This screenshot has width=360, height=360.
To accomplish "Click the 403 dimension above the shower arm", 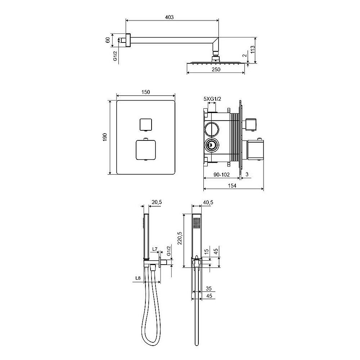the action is [170, 17].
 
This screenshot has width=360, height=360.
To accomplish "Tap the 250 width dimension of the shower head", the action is [216, 69].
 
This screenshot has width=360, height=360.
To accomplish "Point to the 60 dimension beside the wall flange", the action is [107, 40].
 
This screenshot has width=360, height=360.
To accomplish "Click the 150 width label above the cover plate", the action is [145, 92].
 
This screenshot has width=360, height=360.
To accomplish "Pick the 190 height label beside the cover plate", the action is [105, 137].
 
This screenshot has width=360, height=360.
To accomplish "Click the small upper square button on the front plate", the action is [145, 124].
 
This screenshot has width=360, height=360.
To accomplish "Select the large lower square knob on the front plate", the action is [146, 150].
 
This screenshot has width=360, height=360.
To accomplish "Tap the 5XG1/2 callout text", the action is [212, 99].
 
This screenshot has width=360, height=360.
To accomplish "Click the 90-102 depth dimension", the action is [221, 175].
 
